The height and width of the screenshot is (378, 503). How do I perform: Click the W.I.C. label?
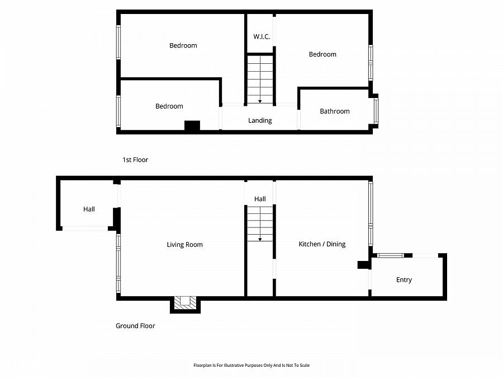point(262,37)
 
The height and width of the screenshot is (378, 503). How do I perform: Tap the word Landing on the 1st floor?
point(260,120)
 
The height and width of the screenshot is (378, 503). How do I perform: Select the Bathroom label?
point(335,111)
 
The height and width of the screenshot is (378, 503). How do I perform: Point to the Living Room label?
point(184,245)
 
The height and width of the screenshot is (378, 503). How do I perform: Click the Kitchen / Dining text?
point(322,244)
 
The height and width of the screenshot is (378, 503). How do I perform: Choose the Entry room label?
point(404,280)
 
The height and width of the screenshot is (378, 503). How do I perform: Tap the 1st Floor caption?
point(135,160)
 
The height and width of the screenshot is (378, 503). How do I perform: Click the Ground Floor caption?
point(135,326)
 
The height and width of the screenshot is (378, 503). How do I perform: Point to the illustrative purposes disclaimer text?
point(251,365)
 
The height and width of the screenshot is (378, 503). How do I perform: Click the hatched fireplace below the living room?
point(185,303)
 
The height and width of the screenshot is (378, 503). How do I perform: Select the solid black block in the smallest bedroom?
point(192,126)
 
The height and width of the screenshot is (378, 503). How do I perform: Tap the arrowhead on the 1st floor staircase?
point(260,101)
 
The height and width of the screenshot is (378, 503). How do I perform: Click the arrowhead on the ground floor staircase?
point(260,239)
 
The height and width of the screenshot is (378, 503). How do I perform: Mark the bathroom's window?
point(376,111)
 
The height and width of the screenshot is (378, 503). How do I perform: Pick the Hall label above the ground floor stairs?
point(260,199)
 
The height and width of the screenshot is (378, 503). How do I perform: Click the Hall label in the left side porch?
point(89,209)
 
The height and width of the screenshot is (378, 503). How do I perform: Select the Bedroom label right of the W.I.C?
point(322,54)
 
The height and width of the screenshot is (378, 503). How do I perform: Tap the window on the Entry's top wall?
point(390,255)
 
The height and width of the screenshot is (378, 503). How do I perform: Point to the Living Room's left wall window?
point(118,263)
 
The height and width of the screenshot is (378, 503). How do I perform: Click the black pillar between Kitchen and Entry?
point(363,265)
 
